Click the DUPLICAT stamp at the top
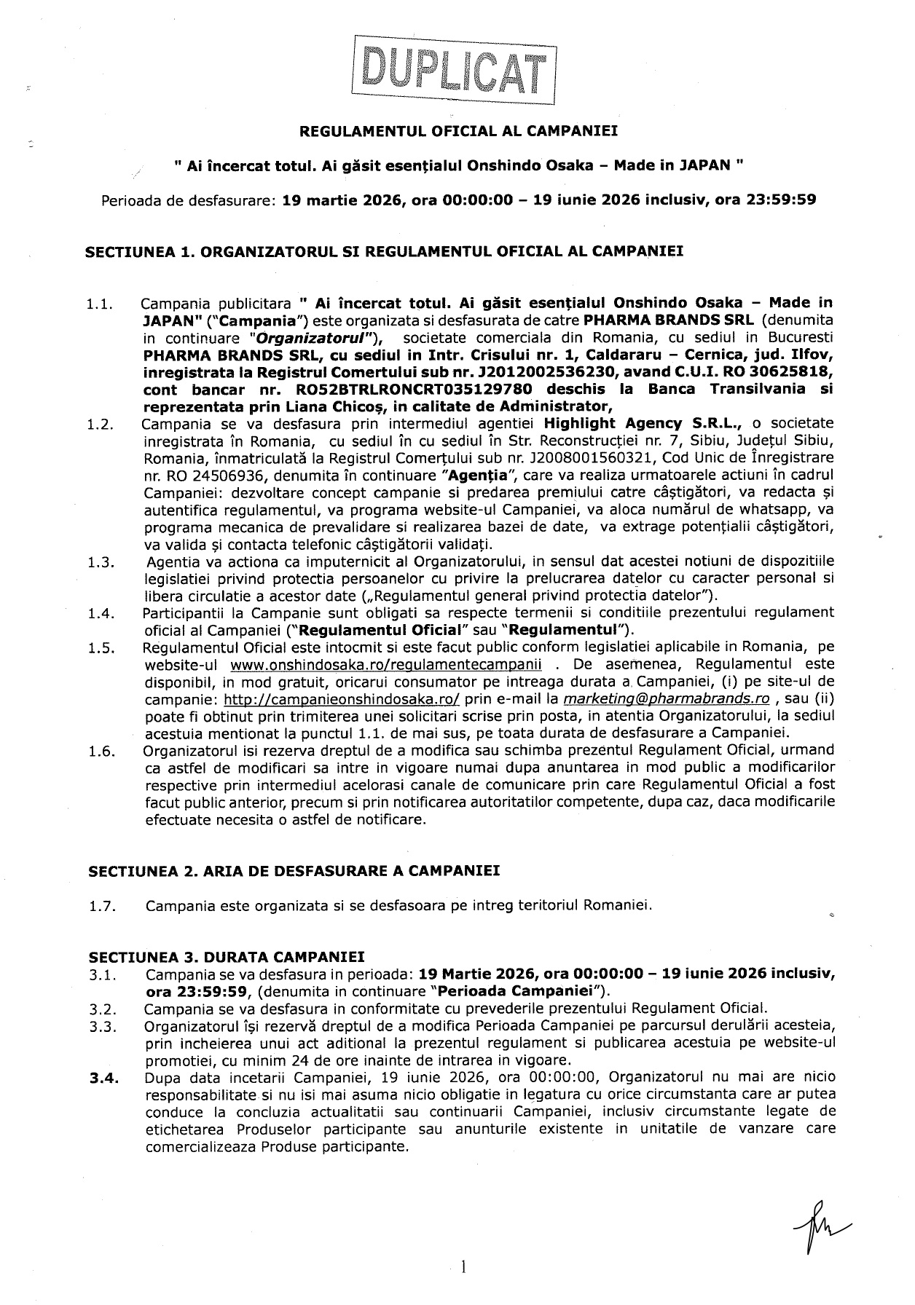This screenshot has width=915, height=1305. click(454, 71)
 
